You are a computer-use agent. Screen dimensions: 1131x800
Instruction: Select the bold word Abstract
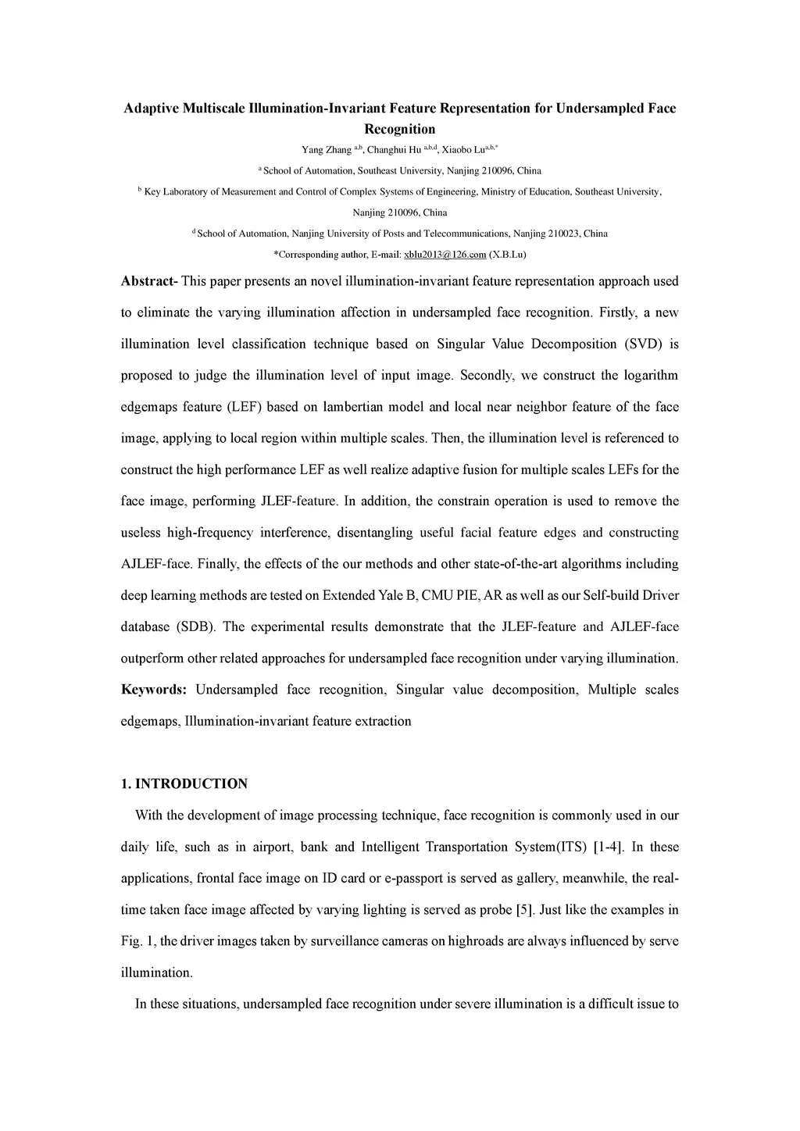point(148,281)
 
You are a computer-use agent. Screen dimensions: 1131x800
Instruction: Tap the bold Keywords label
point(153,690)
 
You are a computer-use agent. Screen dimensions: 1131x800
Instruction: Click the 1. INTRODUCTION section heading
point(184,783)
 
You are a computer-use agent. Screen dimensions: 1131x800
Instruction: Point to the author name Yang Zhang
point(327,150)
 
